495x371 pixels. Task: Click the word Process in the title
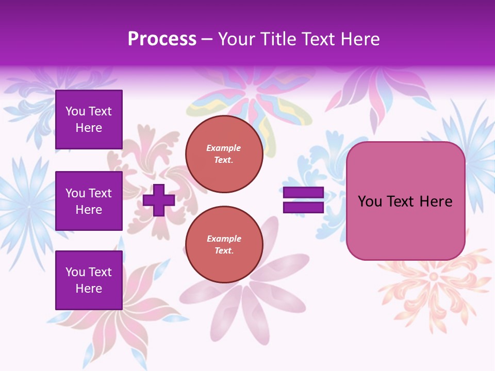click(x=162, y=39)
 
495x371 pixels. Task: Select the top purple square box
click(x=89, y=120)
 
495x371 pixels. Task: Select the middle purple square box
click(x=89, y=201)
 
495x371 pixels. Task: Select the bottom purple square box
click(x=89, y=280)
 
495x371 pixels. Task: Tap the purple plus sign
click(x=159, y=200)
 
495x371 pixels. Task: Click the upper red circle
click(x=224, y=154)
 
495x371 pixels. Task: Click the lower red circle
click(x=224, y=245)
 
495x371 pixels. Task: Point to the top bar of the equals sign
click(x=303, y=193)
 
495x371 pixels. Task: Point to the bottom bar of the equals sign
click(x=303, y=207)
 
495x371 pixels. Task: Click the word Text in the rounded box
click(x=402, y=201)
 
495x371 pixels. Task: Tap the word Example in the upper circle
click(x=224, y=148)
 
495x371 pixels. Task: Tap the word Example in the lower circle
click(x=224, y=239)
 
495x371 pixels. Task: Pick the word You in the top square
click(x=75, y=111)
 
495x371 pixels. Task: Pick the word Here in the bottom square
click(x=89, y=289)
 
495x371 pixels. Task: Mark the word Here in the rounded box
click(x=436, y=201)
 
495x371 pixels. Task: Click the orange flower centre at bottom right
click(x=433, y=277)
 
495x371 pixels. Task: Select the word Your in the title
click(x=236, y=39)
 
